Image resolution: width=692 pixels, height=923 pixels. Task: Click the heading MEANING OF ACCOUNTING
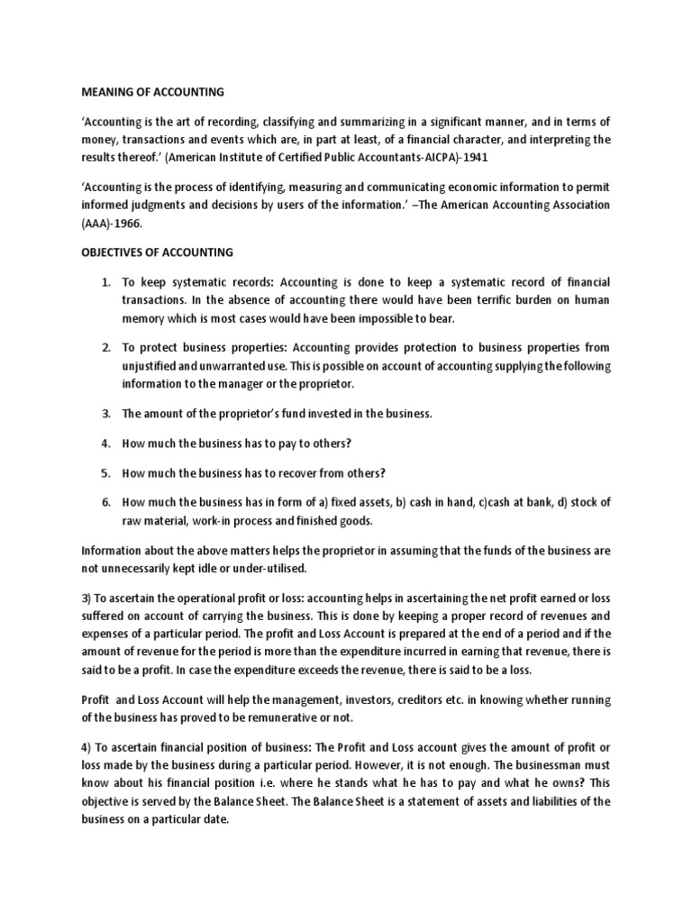152,91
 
